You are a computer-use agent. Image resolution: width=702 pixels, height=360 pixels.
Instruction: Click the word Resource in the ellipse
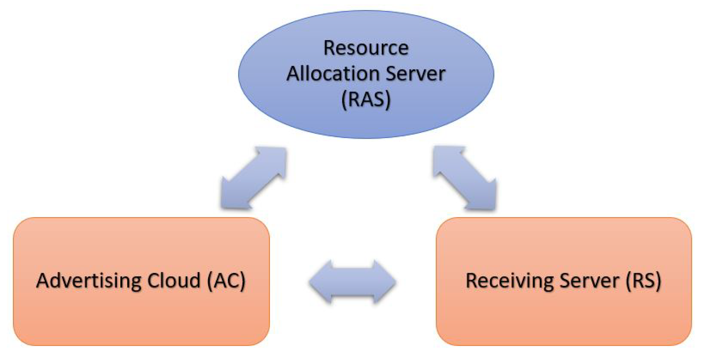click(x=366, y=49)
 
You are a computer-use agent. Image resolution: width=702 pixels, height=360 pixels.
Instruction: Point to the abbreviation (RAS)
click(x=366, y=99)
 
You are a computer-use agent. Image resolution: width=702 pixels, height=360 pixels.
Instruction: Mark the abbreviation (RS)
click(x=643, y=281)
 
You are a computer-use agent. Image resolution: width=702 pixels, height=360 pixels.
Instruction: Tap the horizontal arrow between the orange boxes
click(x=352, y=282)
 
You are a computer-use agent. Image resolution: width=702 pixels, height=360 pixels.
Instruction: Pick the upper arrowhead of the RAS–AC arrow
click(x=275, y=158)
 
